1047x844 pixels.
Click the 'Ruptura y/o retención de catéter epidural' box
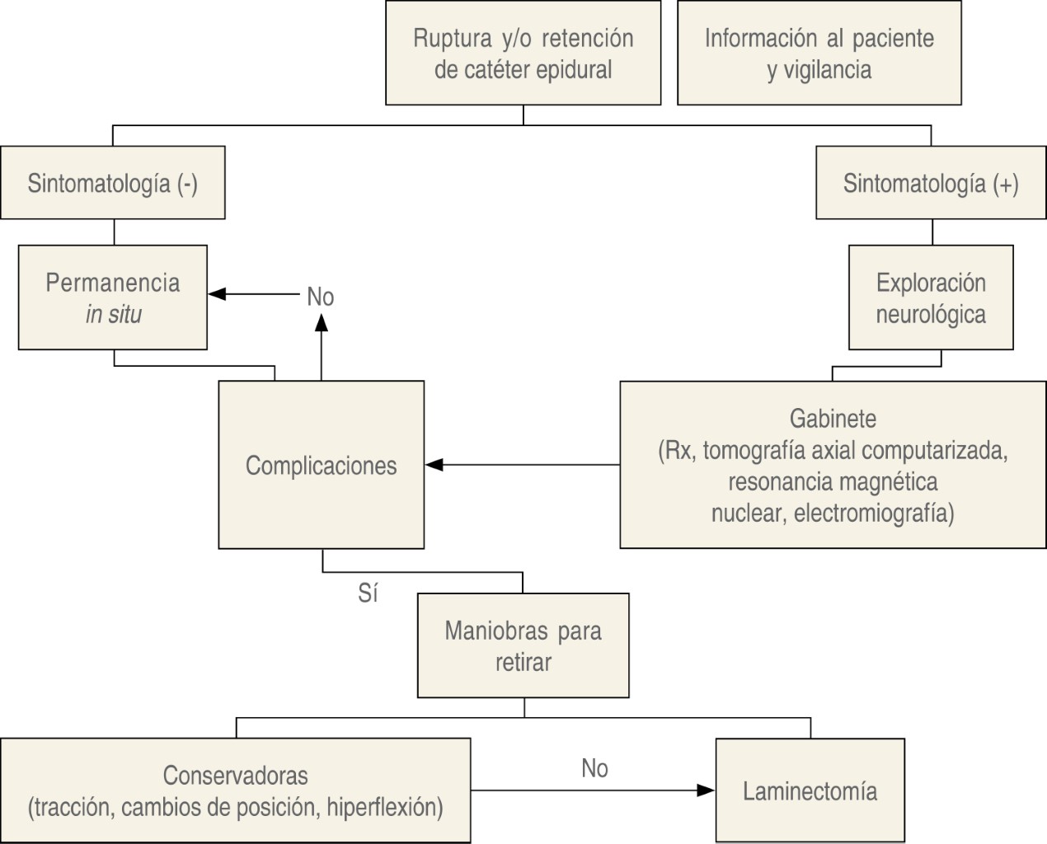523,53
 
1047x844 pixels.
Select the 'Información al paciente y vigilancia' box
819,53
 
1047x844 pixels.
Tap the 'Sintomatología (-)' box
112,182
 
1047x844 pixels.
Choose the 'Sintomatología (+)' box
931,182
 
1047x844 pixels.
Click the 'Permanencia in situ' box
112,298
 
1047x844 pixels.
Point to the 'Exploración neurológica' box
931,298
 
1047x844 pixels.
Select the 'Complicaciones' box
321,465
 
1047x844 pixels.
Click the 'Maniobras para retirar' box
523,645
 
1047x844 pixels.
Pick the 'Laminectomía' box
810,791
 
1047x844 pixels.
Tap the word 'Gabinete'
833,418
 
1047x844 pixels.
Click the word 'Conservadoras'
235,775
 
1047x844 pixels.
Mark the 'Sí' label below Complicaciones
368,593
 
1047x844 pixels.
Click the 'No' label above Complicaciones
320,296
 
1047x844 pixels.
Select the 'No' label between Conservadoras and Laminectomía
594,768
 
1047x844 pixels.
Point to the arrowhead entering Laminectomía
707,790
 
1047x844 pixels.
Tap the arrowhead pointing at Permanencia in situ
217,294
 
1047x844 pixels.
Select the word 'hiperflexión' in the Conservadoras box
384,807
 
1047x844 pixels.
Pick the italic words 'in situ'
114,314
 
